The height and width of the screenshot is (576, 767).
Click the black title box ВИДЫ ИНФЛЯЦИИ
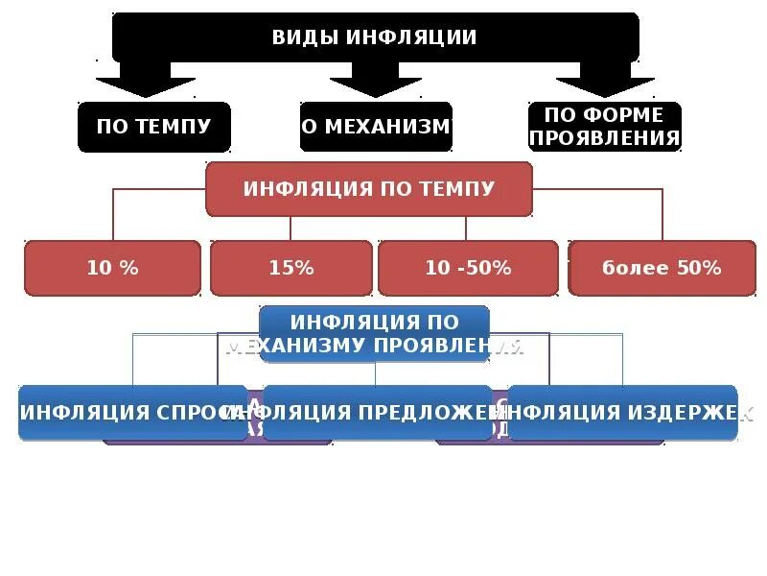pos(375,37)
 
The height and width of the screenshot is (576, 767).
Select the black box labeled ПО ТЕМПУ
pos(153,127)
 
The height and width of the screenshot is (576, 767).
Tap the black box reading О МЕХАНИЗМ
pos(375,127)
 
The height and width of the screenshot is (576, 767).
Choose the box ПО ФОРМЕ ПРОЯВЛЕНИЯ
pos(605,127)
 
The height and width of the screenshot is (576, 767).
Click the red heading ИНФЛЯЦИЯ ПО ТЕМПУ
pos(369,188)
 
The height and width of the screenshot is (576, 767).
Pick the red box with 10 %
pos(112,268)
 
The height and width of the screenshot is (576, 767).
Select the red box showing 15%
pos(291,268)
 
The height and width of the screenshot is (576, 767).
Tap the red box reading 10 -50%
pos(468,268)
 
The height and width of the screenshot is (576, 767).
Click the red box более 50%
pos(662,268)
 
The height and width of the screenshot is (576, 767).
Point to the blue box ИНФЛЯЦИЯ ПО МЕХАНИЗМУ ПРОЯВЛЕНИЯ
pos(374,332)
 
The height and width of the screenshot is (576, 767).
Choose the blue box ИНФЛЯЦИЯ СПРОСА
pos(132,413)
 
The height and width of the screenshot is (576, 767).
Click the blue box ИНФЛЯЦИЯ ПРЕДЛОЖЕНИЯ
pos(377,413)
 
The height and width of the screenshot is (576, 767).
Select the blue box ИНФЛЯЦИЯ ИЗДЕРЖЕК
pos(622,413)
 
